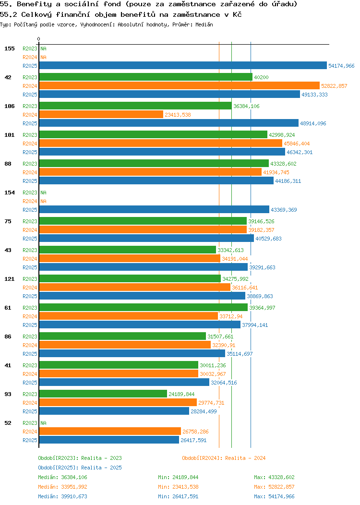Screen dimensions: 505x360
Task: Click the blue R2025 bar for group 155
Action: (182, 66)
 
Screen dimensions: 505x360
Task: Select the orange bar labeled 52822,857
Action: (179, 86)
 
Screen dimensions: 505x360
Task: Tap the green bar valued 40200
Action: (145, 77)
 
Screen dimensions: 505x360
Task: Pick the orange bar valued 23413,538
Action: (101, 115)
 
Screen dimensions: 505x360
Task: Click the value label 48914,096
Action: (313, 123)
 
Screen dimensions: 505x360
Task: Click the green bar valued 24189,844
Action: (103, 394)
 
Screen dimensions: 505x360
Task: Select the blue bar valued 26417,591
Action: (109, 440)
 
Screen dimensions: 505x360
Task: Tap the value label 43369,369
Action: (284, 210)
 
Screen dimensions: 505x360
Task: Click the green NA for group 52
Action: (43, 423)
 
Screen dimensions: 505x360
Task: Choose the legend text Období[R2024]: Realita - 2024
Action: (224, 458)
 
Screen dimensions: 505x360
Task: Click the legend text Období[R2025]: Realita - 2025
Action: (80, 468)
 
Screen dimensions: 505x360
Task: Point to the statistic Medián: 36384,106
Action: (62, 477)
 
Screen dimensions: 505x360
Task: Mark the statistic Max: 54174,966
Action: (274, 496)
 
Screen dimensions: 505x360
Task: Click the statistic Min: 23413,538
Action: (178, 487)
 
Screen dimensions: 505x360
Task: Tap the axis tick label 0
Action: (39, 39)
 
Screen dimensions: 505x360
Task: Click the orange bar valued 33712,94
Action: (128, 316)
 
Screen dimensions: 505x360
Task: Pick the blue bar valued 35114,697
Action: (132, 354)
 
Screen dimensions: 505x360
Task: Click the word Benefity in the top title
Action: (33, 4)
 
